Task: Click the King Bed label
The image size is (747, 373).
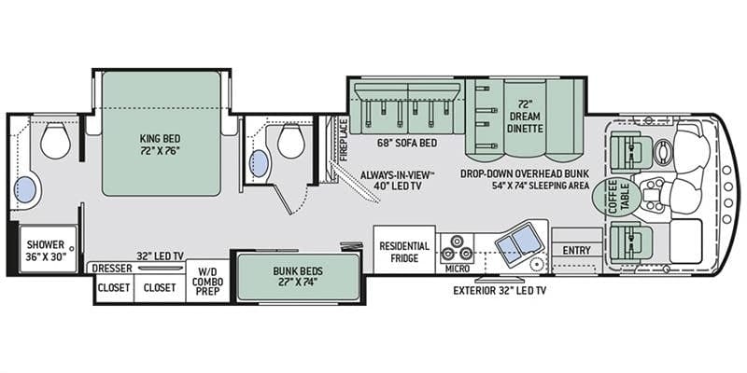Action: click(160, 145)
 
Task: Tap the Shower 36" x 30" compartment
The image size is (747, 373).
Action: click(49, 249)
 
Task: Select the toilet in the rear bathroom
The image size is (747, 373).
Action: click(56, 141)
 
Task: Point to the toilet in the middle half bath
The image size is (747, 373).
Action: click(291, 142)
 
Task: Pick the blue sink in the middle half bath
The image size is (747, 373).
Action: click(260, 163)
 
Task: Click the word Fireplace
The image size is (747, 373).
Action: click(344, 140)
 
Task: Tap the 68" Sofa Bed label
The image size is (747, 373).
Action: click(406, 143)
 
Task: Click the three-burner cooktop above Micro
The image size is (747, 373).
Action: click(456, 248)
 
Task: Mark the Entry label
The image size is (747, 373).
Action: click(576, 250)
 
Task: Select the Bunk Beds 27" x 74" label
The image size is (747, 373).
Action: click(298, 276)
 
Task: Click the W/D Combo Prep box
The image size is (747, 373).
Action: click(207, 281)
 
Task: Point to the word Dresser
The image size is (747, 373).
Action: click(112, 269)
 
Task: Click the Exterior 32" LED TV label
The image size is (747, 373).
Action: click(500, 290)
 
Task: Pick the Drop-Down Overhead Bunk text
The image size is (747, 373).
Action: click(525, 173)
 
